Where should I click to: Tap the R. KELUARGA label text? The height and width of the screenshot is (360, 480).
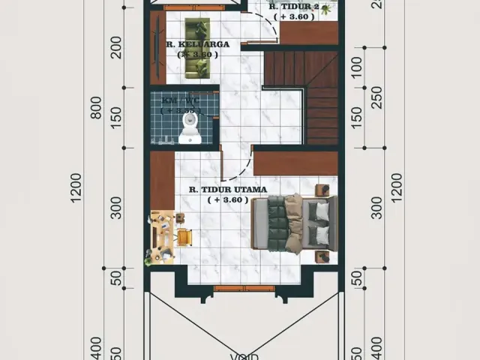198,44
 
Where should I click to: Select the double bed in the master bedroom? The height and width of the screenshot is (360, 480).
295,223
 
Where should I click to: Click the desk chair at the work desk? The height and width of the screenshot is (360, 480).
184,237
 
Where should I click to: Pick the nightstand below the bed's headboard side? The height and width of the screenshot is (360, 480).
322,256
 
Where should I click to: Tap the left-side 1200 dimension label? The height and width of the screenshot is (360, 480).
77,188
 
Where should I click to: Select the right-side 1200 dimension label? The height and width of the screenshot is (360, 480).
396,188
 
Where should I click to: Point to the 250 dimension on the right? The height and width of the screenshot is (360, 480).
376,97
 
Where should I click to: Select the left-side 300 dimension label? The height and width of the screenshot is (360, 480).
115,208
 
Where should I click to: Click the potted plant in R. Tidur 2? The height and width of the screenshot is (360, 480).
325,9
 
